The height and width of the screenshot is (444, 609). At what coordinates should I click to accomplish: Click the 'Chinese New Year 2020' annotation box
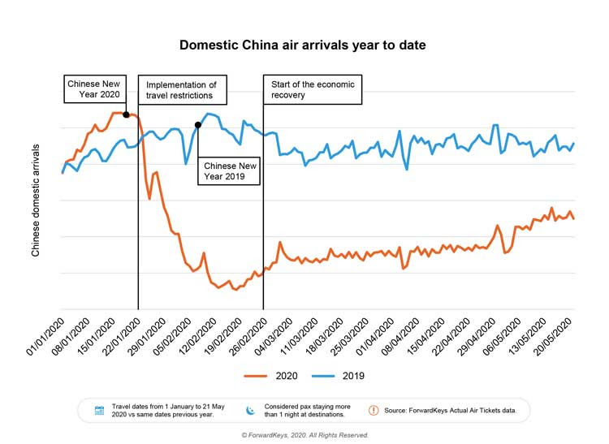click(93, 89)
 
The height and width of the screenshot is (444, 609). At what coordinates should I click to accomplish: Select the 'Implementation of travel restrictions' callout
click(183, 89)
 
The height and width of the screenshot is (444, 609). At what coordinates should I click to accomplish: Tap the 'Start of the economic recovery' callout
click(313, 89)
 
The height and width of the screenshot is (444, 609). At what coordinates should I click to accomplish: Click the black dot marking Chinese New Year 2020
click(126, 114)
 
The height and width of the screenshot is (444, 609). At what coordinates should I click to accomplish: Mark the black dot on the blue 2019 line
click(198, 126)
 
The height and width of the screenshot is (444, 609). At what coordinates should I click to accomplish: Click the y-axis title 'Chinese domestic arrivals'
click(36, 200)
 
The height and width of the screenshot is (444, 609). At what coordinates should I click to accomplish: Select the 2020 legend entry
click(276, 376)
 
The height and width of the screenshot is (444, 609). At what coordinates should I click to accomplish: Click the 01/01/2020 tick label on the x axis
click(47, 334)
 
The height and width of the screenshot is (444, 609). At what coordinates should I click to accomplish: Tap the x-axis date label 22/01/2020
click(123, 334)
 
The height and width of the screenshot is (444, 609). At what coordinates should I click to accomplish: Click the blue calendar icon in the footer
click(99, 410)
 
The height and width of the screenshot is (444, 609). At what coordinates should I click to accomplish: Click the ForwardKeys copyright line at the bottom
click(304, 435)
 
